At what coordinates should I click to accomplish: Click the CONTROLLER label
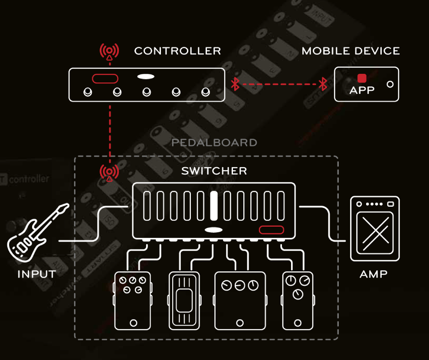(177, 51)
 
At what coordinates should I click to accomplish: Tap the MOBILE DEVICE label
(350, 51)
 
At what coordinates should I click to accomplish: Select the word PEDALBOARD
(214, 142)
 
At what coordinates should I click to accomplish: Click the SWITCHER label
(214, 171)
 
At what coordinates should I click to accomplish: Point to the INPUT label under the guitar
(37, 274)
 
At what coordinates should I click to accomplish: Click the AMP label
(373, 274)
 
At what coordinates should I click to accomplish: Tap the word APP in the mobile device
(362, 91)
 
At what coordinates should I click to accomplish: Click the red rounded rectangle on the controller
(105, 78)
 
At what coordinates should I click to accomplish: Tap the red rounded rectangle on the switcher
(272, 230)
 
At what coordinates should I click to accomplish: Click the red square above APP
(362, 78)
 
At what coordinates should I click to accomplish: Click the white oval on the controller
(146, 77)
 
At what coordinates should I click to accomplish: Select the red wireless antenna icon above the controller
(109, 52)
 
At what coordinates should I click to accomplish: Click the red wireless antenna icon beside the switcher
(109, 172)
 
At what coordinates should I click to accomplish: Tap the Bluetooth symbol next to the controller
(235, 84)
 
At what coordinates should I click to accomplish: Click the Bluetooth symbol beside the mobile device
(323, 84)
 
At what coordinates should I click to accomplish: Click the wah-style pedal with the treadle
(184, 300)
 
